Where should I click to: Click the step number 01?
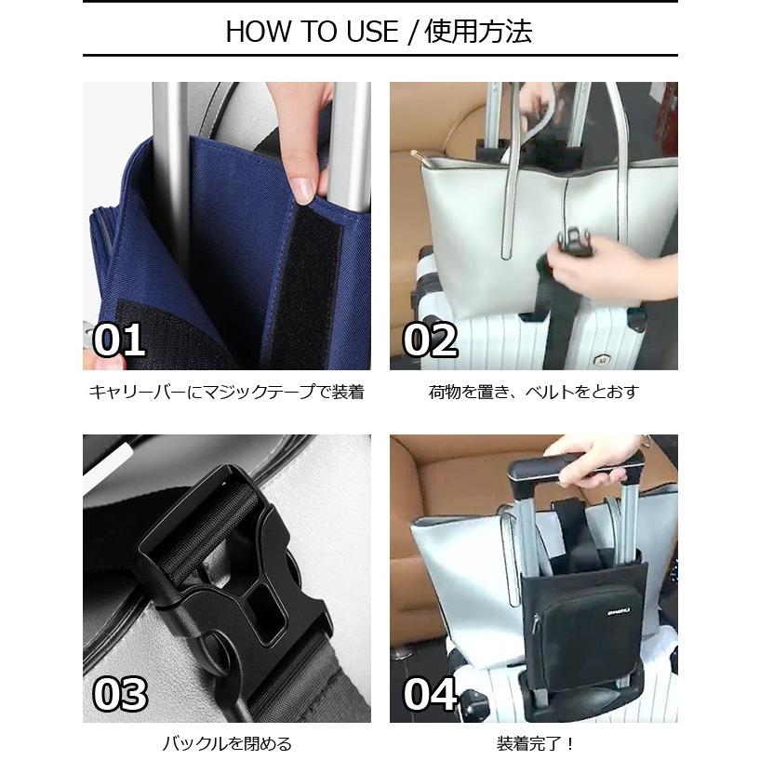click(x=119, y=340)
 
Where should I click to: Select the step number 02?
click(x=430, y=340)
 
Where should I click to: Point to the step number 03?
click(x=119, y=694)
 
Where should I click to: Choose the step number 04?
click(x=430, y=694)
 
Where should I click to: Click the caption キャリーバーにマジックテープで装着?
click(x=226, y=392)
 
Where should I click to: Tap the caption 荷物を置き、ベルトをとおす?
click(x=533, y=392)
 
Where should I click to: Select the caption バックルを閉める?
click(x=226, y=743)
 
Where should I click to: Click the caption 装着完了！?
click(x=533, y=743)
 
